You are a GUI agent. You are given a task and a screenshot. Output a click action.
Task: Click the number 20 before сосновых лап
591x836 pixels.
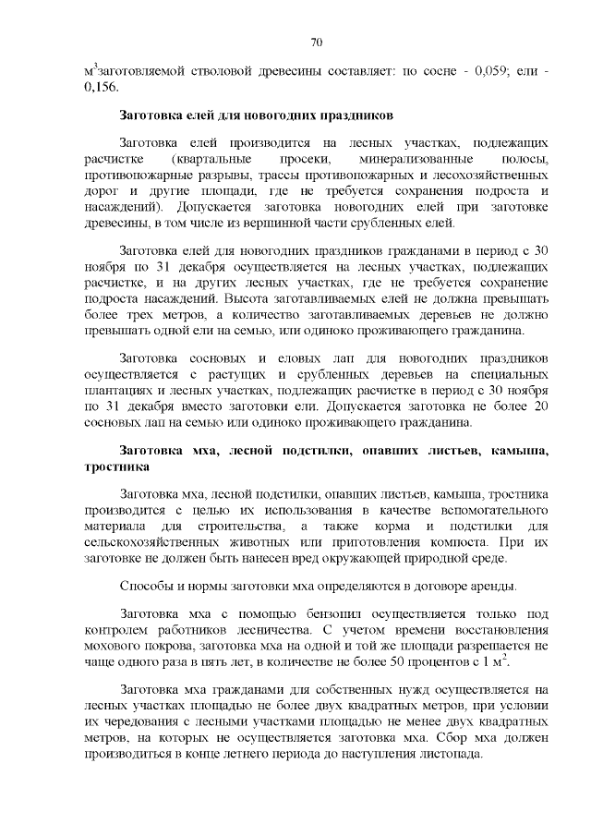pos(542,407)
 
